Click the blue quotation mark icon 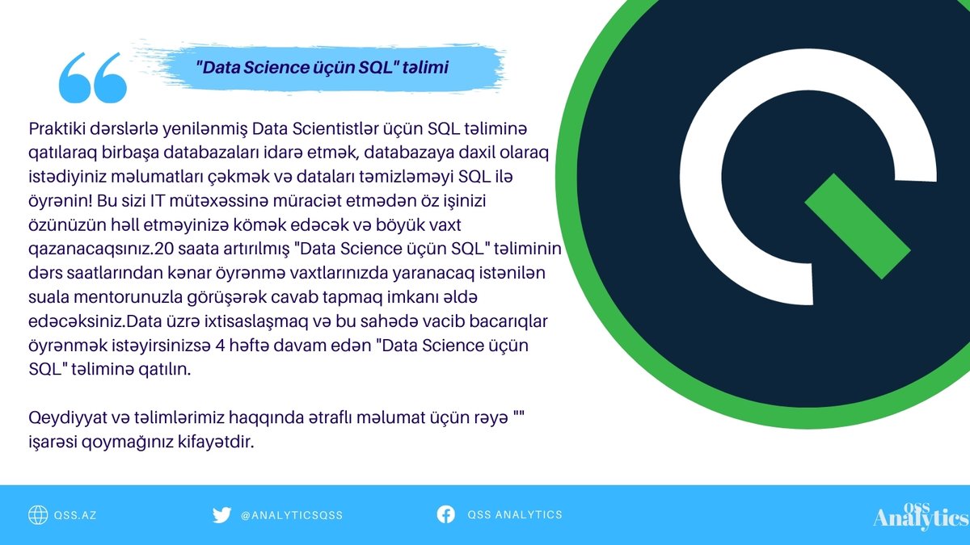[x=93, y=78]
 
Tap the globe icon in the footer [x=38, y=514]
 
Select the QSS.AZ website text [x=76, y=515]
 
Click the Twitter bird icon [x=221, y=515]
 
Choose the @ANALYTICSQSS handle [x=292, y=515]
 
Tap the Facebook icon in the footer [x=445, y=514]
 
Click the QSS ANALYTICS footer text [x=514, y=515]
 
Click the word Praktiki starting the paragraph [x=55, y=129]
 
